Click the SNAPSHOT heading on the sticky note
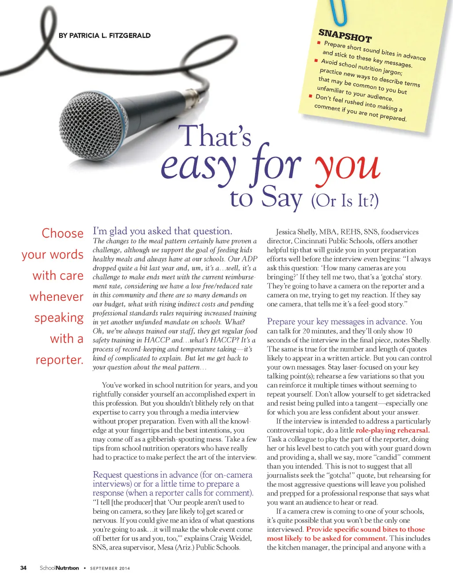tap(345, 35)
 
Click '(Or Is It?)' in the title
tap(345, 200)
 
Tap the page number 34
tap(23, 568)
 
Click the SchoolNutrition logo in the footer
tap(59, 568)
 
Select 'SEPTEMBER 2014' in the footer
tap(110, 568)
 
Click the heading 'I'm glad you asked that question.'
tap(162, 231)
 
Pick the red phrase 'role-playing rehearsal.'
tap(392, 430)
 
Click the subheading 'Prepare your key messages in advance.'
tap(337, 322)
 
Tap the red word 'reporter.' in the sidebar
tap(59, 360)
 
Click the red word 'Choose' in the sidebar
tap(62, 233)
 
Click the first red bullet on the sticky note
tap(319, 43)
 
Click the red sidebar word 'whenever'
tap(56, 296)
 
